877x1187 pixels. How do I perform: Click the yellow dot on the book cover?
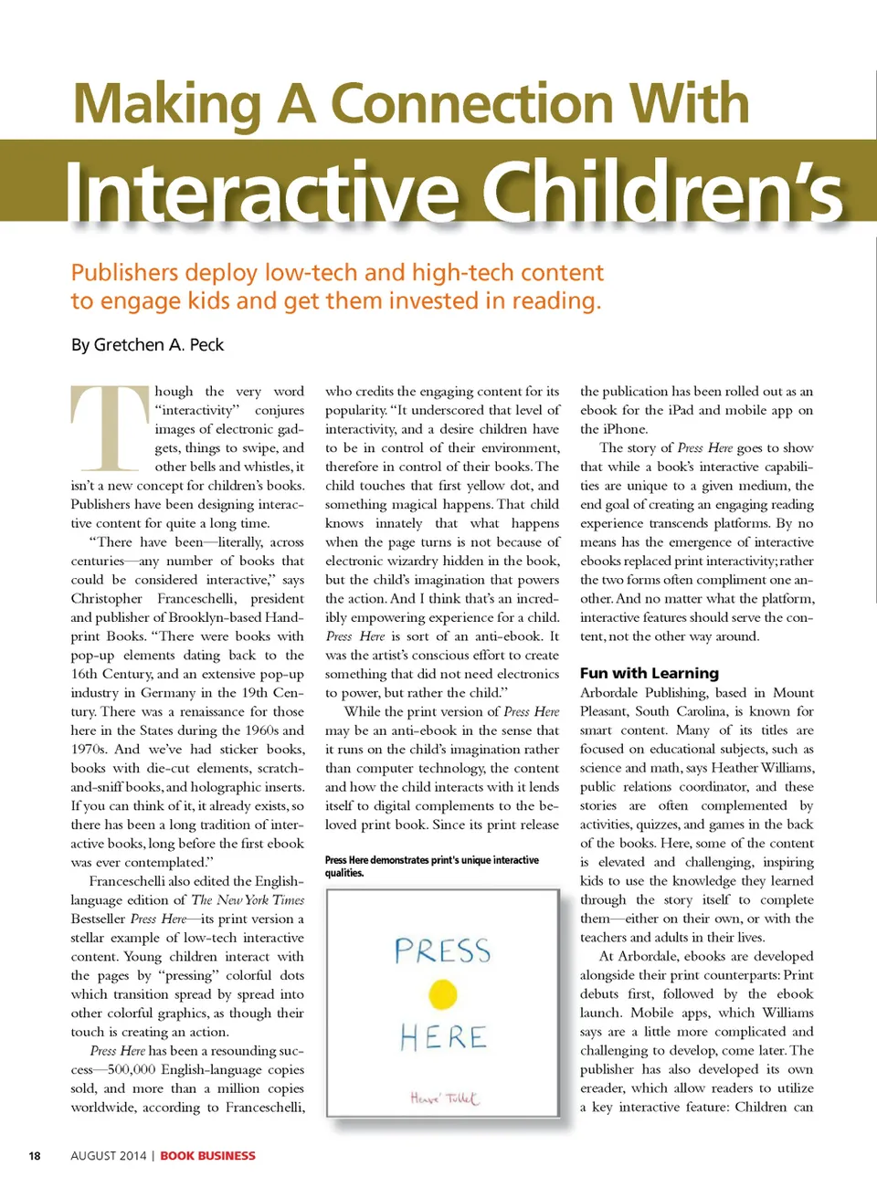click(x=443, y=993)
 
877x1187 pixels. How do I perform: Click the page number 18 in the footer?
click(x=35, y=1155)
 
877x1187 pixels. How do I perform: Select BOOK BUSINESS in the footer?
click(x=208, y=1155)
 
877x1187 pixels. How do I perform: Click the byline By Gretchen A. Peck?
click(x=147, y=345)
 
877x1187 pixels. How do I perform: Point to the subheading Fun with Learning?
click(x=650, y=673)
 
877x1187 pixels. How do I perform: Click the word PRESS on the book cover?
click(x=442, y=951)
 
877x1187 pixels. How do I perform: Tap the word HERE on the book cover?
click(x=443, y=1037)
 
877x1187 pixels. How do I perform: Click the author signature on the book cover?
click(x=444, y=1098)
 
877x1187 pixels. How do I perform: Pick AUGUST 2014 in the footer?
click(x=108, y=1155)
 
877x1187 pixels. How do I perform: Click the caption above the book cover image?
click(x=431, y=866)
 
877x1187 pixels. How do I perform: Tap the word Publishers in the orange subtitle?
click(x=124, y=272)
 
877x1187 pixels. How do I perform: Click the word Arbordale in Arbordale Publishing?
click(x=608, y=692)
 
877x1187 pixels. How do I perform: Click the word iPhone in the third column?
click(x=624, y=428)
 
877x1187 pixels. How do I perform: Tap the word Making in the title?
click(x=167, y=103)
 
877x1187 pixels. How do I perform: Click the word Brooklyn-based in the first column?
click(x=213, y=617)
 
